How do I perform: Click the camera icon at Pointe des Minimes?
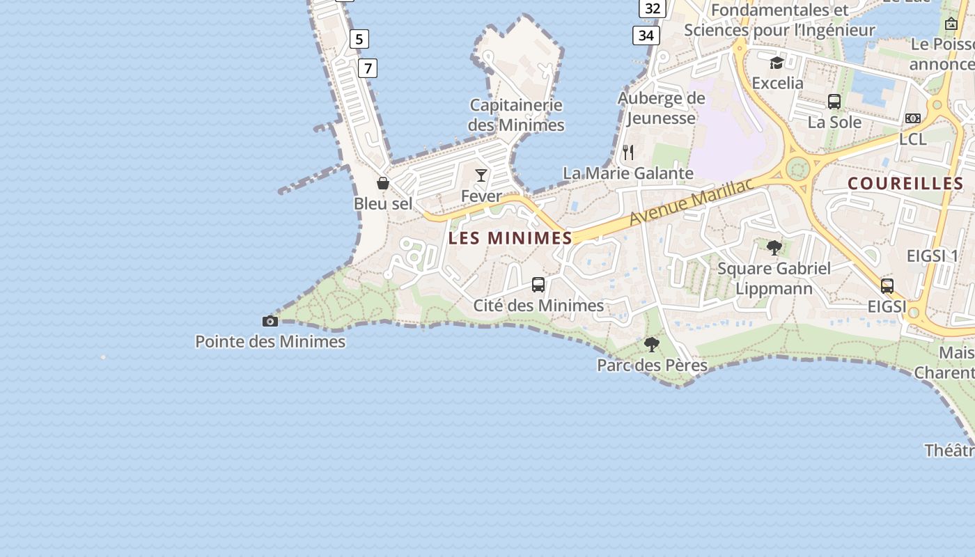click(270, 321)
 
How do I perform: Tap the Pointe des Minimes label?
click(270, 342)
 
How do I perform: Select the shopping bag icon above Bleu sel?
click(383, 183)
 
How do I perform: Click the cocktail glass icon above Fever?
click(481, 175)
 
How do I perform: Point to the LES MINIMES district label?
click(510, 238)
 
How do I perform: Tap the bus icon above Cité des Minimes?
click(538, 284)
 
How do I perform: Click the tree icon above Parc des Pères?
click(652, 344)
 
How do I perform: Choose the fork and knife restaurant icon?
click(628, 152)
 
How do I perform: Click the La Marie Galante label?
click(628, 173)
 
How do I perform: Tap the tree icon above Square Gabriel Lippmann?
click(774, 247)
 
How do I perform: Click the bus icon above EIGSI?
click(887, 285)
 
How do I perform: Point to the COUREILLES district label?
click(905, 184)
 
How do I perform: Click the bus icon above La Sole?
click(834, 102)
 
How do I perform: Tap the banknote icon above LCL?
click(913, 118)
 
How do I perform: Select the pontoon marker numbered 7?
click(368, 68)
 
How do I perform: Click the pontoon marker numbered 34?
click(646, 36)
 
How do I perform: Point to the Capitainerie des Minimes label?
click(516, 116)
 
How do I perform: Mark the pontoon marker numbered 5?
click(359, 39)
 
